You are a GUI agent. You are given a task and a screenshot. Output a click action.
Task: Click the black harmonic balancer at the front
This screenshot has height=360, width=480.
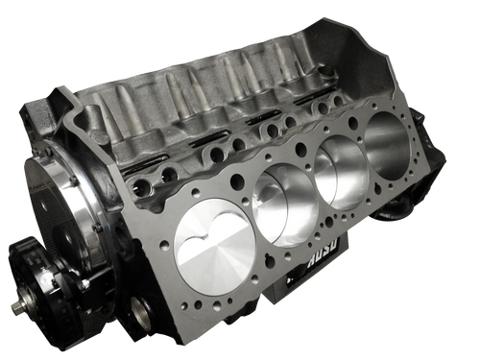point(43,278)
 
